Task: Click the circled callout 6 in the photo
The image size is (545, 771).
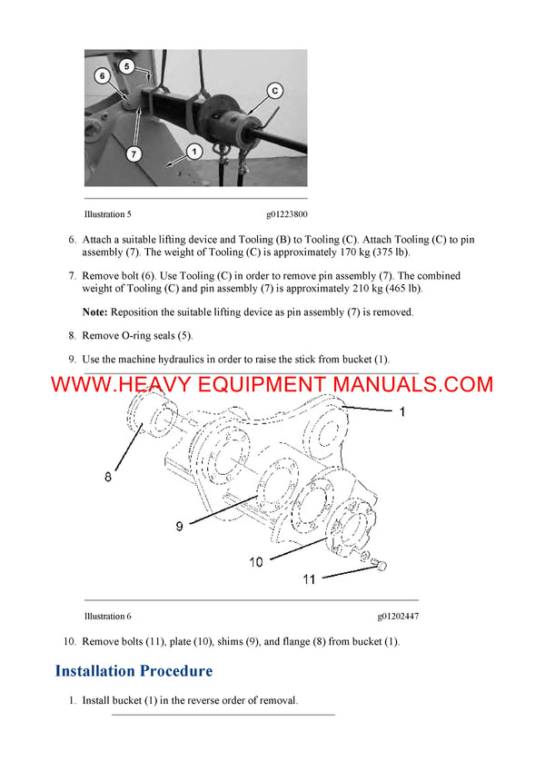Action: point(103,75)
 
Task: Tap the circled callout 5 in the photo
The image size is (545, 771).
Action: point(127,65)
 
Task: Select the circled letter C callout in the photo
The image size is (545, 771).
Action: point(274,90)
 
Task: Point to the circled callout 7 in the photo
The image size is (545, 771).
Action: point(134,154)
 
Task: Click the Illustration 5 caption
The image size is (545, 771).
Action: point(107,215)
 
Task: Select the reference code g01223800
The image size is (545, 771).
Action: point(286,215)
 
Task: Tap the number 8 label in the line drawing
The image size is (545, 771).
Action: point(107,475)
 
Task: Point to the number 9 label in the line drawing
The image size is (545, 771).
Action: point(179,524)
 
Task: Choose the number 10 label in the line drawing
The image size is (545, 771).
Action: point(255,562)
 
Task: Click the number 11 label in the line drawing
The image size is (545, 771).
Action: point(309,578)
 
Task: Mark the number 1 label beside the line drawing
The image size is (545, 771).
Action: point(401,411)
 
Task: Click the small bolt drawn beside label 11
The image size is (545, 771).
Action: point(380,566)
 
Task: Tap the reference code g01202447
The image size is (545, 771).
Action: point(398,617)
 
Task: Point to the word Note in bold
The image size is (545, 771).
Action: point(94,311)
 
